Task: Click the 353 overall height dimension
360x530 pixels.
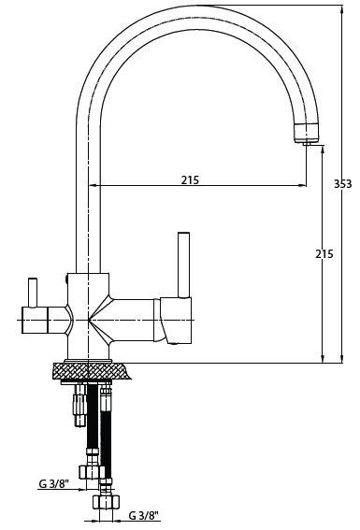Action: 343,183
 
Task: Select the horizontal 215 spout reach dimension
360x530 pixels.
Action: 190,179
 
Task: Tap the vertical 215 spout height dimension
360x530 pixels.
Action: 324,253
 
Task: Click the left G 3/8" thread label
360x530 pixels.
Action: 54,483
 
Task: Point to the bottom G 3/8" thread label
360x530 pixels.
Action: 144,515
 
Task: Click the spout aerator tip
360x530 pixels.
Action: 308,143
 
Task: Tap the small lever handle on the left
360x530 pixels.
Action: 33,293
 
